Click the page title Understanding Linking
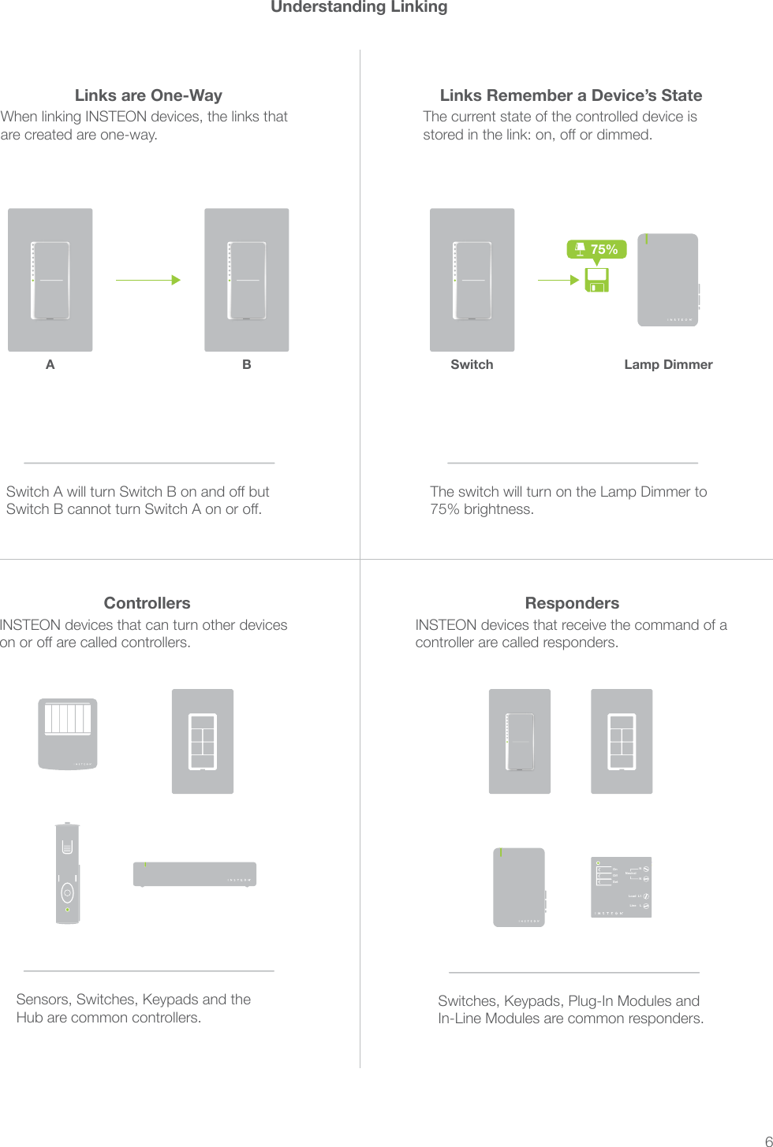click(x=359, y=7)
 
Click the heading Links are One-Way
click(x=148, y=95)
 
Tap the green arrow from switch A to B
click(x=148, y=280)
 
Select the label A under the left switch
click(x=50, y=364)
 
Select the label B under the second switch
click(x=247, y=364)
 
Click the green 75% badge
click(x=596, y=249)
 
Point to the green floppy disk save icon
click(x=597, y=280)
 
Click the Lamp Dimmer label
click(x=668, y=364)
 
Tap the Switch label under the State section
click(x=472, y=364)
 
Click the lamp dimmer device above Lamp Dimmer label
click(x=667, y=280)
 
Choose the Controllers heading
click(x=147, y=603)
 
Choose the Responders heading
click(x=572, y=603)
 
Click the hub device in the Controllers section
click(x=195, y=874)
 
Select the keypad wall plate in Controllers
click(x=203, y=741)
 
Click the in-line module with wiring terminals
click(x=622, y=887)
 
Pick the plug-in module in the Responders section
click(x=519, y=887)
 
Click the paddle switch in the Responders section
click(x=519, y=741)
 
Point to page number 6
click(x=767, y=1140)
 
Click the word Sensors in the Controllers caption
click(x=44, y=1000)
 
